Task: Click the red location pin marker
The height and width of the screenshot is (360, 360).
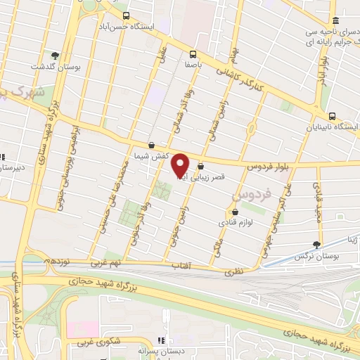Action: coord(181,165)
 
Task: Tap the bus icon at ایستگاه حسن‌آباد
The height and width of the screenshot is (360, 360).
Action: coord(125,15)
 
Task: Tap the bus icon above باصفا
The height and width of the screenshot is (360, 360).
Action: coord(193,53)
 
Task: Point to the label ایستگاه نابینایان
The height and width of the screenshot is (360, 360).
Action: coord(333,127)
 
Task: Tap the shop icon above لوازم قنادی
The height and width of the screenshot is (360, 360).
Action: coord(235,211)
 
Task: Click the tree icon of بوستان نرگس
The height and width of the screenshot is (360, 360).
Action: coord(317,244)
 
